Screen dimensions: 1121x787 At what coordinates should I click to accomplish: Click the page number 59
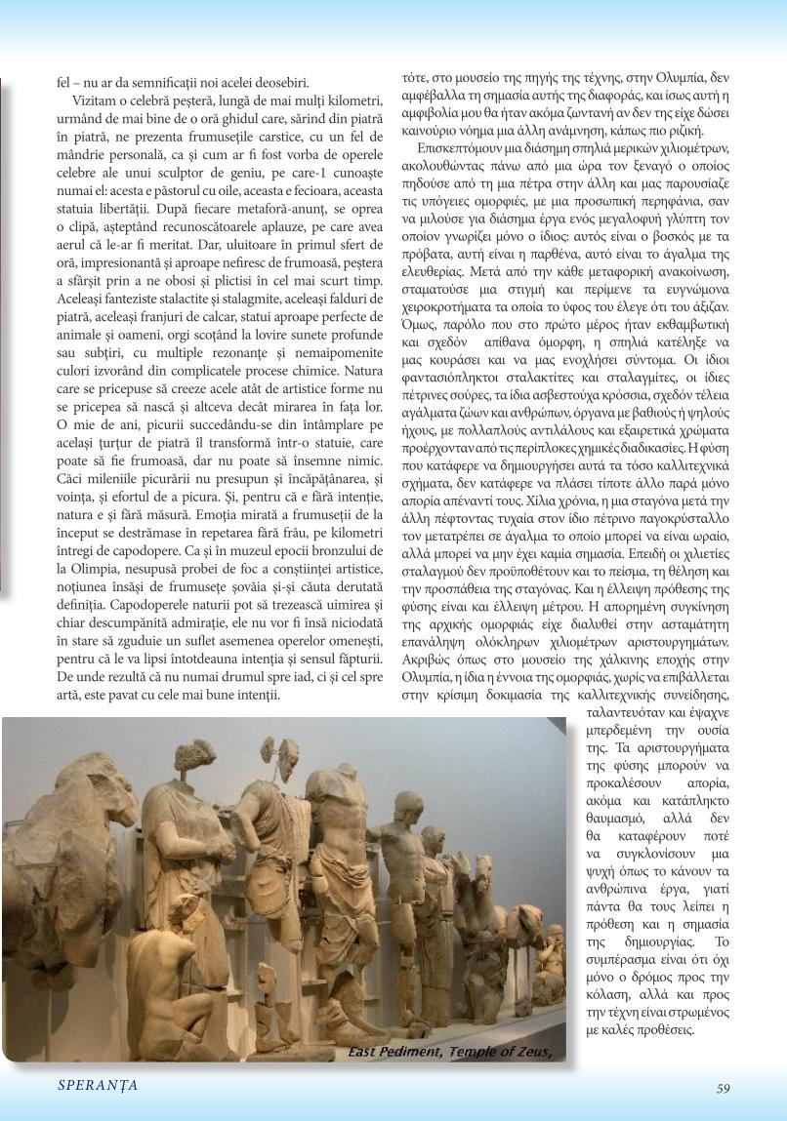723,1090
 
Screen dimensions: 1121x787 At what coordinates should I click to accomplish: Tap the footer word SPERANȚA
97,1086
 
